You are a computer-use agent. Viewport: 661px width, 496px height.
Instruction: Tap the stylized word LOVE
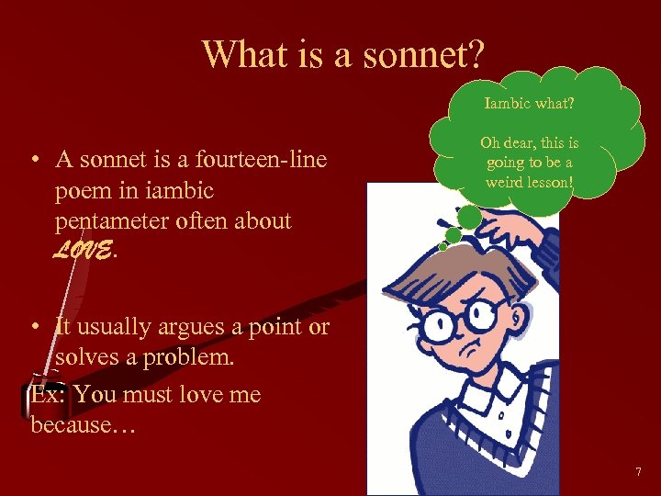(83, 251)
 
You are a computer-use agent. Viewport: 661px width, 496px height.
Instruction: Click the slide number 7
(639, 472)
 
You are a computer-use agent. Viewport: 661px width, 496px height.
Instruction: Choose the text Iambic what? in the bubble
(530, 104)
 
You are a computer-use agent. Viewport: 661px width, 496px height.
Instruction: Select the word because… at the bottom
(83, 425)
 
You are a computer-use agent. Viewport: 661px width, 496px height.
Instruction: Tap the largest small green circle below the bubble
(469, 217)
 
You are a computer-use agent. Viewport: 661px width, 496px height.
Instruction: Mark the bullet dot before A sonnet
(33, 160)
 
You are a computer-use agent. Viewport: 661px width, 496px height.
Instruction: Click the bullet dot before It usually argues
(33, 326)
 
